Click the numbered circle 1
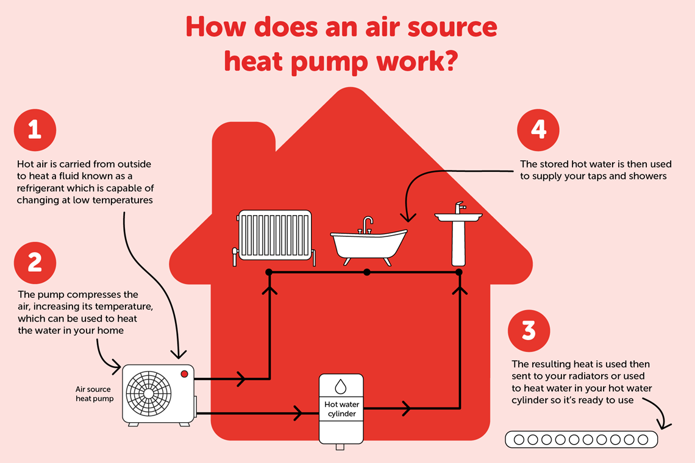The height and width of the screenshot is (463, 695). coord(35,130)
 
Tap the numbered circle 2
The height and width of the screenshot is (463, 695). coord(35,262)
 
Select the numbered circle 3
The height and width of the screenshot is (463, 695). coord(529,330)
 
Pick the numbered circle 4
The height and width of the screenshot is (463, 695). coord(538,130)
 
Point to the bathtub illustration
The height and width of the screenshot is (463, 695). coord(368,244)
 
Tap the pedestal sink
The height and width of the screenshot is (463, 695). coord(458,238)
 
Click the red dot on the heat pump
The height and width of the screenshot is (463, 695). coord(184,373)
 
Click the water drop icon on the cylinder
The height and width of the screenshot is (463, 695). coord(341,387)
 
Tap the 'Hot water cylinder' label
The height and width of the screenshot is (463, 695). coord(341,409)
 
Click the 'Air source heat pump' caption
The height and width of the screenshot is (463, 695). coord(94,394)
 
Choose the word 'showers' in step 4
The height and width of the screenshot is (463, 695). coord(647,176)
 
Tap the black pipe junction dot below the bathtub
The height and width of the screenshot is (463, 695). coord(366,272)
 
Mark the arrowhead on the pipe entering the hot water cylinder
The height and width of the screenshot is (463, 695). coord(299,414)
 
